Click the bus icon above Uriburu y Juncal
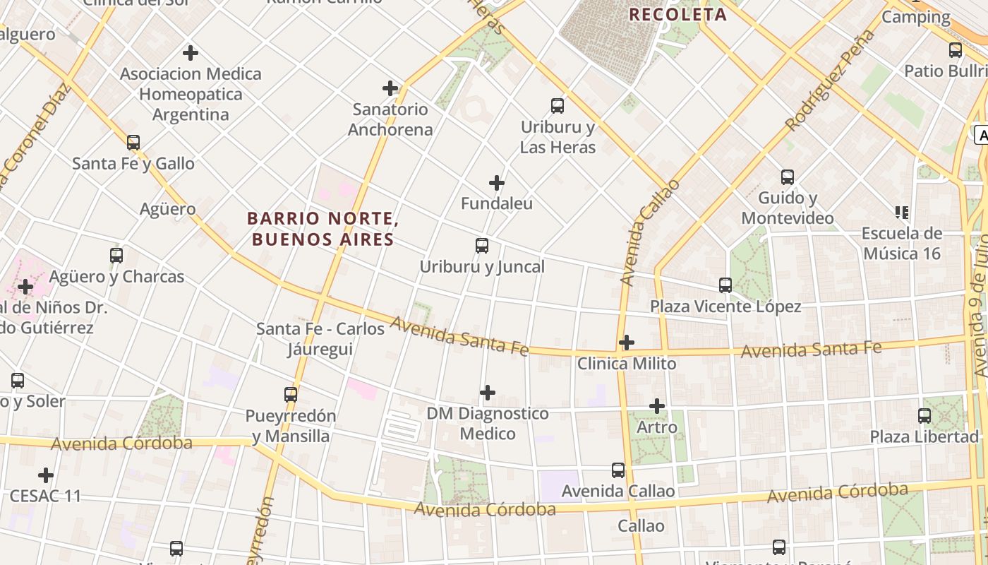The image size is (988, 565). (482, 246)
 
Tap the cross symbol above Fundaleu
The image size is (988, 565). (497, 183)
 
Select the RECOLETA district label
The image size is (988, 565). (677, 14)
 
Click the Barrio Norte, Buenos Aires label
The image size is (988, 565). (323, 229)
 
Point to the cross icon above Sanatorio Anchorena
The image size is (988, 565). (390, 88)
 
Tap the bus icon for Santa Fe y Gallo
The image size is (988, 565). (133, 142)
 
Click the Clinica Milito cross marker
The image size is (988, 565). (626, 343)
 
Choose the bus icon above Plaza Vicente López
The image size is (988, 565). (725, 285)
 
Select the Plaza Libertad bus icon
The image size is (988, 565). (924, 416)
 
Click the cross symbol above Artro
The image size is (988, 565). (657, 406)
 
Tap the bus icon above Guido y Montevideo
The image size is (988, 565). (788, 177)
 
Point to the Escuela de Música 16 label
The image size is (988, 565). (902, 243)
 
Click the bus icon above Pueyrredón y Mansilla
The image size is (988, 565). (291, 395)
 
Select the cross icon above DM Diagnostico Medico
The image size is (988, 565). (488, 393)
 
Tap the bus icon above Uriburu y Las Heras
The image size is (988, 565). (558, 106)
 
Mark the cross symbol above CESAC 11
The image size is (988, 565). (46, 475)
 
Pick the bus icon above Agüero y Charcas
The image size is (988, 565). (116, 256)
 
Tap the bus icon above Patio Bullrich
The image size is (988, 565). (956, 50)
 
